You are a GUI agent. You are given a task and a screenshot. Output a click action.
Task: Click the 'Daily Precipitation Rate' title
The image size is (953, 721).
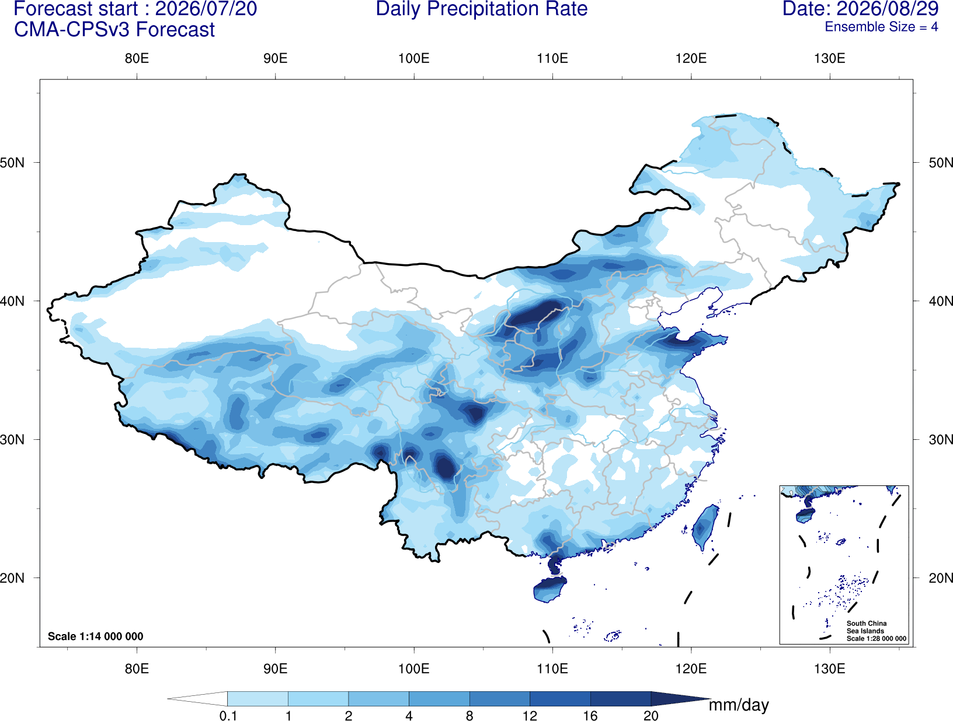pyautogui.click(x=482, y=9)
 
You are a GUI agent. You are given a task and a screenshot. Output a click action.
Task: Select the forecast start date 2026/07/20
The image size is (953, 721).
pyautogui.click(x=206, y=9)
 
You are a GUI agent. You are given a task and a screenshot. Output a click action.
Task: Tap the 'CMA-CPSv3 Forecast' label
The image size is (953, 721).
pyautogui.click(x=114, y=30)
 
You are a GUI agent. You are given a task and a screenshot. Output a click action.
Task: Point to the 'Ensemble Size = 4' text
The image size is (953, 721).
pyautogui.click(x=881, y=27)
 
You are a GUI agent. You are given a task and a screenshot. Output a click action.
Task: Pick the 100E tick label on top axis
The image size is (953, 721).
pyautogui.click(x=414, y=58)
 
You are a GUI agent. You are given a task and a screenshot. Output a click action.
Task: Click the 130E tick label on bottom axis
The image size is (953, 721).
pyautogui.click(x=830, y=668)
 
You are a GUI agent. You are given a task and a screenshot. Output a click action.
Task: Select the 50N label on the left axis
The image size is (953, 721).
pyautogui.click(x=12, y=163)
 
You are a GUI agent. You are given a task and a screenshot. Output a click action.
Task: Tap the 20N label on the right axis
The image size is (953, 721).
pyautogui.click(x=940, y=578)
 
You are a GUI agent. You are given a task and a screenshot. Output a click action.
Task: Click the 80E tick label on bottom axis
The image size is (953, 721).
pyautogui.click(x=137, y=668)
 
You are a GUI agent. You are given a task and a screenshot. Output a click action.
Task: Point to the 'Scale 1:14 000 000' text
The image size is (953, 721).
pyautogui.click(x=96, y=636)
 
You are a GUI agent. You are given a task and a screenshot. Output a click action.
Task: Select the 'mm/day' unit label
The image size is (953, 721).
pyautogui.click(x=739, y=705)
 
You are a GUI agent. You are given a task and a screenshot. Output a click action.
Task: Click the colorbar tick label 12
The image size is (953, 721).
pyautogui.click(x=530, y=716)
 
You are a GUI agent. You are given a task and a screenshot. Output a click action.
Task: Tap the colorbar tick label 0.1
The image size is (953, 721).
pyautogui.click(x=228, y=716)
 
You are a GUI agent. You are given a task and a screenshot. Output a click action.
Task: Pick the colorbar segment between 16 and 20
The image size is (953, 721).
pyautogui.click(x=620, y=698)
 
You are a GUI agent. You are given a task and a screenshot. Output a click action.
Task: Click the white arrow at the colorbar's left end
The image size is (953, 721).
pyautogui.click(x=197, y=698)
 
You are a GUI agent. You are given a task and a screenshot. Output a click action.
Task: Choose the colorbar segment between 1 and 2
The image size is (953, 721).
pyautogui.click(x=318, y=698)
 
